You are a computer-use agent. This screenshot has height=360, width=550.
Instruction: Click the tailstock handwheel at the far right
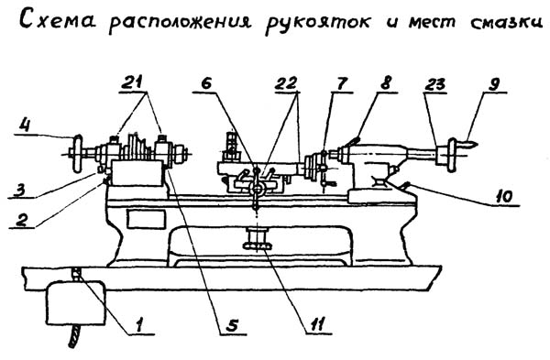[x=455, y=152]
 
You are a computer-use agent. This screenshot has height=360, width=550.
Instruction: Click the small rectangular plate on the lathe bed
[x=142, y=219]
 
